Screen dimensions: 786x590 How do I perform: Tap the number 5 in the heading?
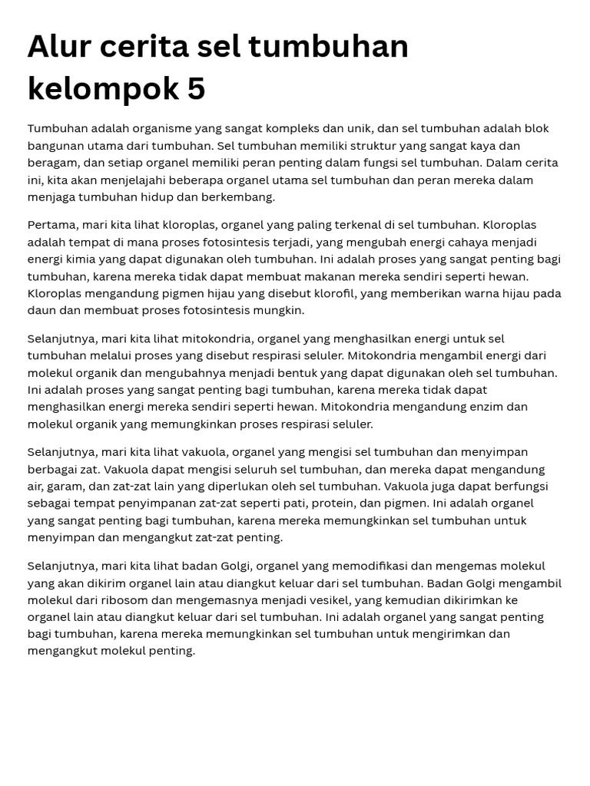(196, 89)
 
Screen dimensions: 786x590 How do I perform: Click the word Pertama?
(52, 225)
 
